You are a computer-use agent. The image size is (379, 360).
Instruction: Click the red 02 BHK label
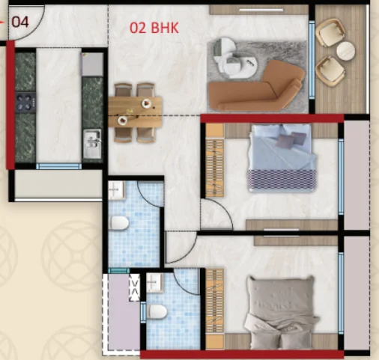[x=154, y=28]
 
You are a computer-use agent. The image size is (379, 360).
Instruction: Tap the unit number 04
[x=20, y=22]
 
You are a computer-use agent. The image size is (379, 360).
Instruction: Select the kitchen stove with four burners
[x=25, y=103]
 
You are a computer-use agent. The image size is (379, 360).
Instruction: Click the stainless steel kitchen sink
[x=92, y=144]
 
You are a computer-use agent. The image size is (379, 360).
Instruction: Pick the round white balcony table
[x=345, y=51]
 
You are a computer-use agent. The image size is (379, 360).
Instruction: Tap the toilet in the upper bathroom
[x=119, y=222]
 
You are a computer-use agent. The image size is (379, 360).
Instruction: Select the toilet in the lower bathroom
[x=157, y=312]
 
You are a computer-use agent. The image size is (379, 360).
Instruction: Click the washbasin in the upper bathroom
[x=117, y=190]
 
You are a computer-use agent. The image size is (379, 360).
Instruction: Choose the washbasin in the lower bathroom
[x=155, y=282]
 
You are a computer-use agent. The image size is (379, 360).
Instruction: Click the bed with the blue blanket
[x=282, y=158]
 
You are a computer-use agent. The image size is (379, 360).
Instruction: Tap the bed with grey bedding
[x=282, y=313]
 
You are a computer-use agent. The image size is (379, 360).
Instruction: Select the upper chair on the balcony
[x=330, y=32]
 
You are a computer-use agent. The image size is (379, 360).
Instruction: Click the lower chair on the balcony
[x=330, y=70]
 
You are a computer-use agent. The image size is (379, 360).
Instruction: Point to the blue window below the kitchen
[x=58, y=166]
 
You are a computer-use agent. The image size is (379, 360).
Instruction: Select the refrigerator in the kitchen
[x=92, y=64]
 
